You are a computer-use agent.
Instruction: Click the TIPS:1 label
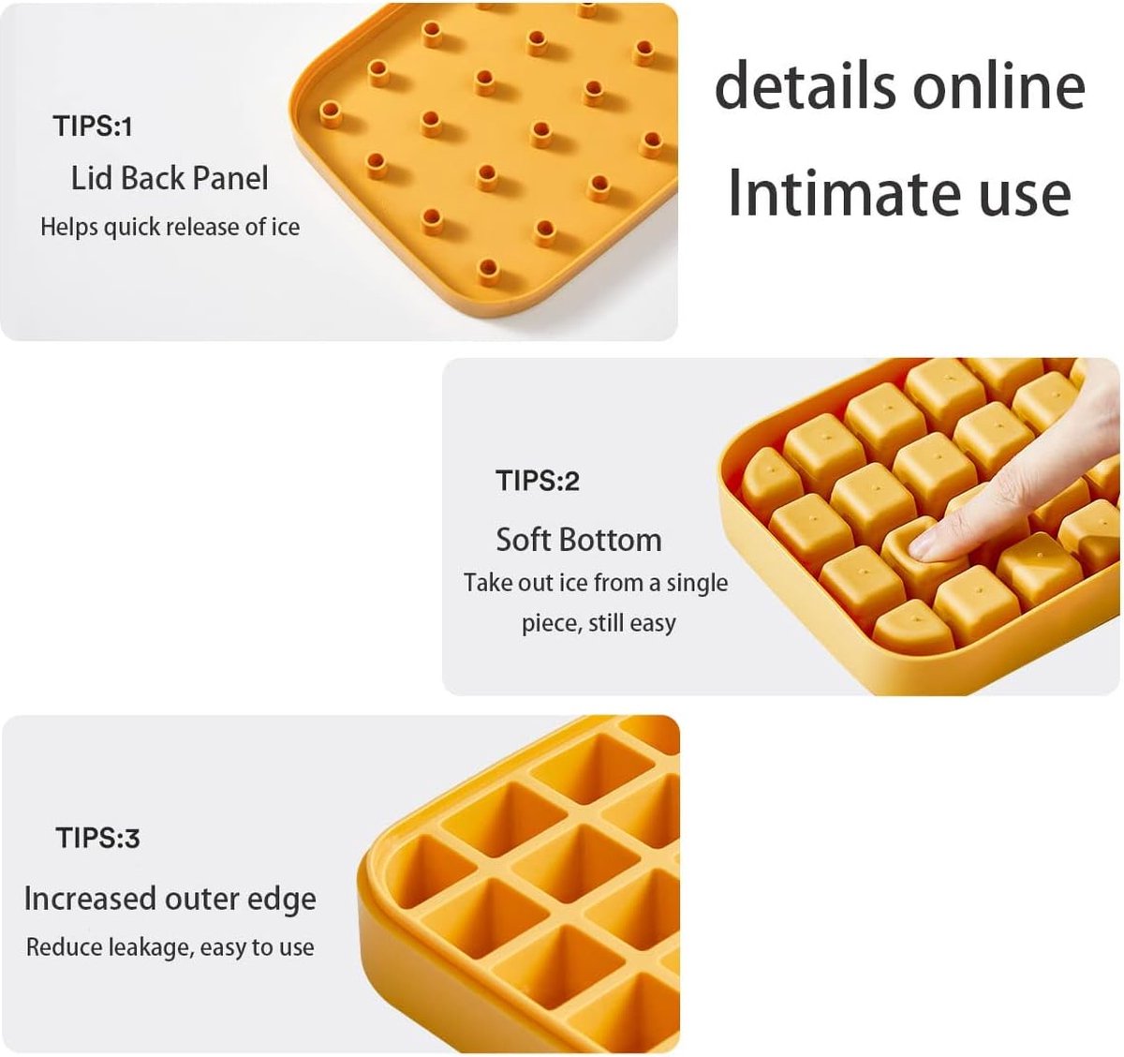click(93, 126)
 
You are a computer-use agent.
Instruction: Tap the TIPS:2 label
click(538, 481)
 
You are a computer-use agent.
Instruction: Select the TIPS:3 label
click(98, 837)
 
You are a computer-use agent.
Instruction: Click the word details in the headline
click(805, 86)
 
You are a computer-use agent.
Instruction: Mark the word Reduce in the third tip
click(64, 947)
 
